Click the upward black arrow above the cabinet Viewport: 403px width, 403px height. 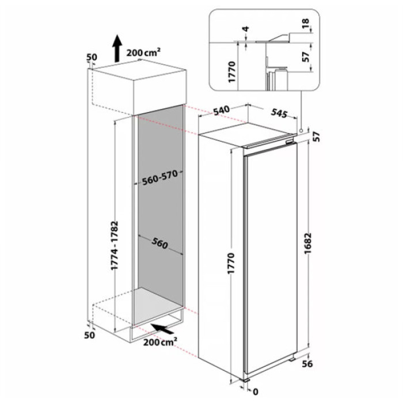[116, 48]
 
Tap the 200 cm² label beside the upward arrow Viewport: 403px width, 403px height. [143, 52]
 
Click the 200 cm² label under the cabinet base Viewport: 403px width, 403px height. [161, 344]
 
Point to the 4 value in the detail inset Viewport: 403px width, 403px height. [245, 29]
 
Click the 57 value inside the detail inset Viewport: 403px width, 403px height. [306, 56]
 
